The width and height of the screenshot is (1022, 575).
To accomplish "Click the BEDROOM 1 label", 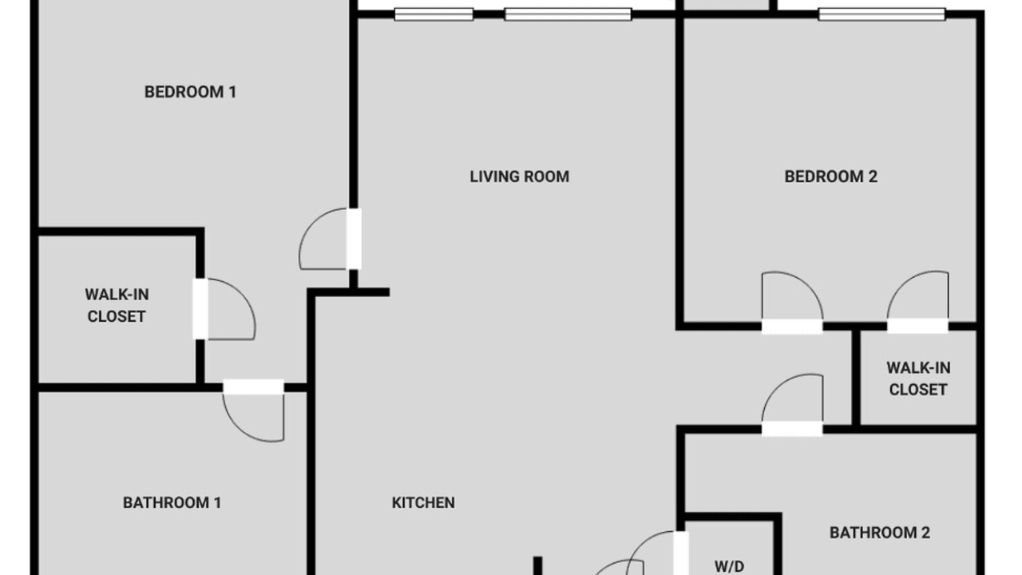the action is [x=190, y=92].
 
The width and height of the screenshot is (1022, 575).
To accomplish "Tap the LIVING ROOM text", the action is [x=520, y=176].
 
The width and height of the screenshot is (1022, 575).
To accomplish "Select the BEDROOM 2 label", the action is [x=831, y=176].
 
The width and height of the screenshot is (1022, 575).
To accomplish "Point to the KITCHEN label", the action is [x=423, y=503].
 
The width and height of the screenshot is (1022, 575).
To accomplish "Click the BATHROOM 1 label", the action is [x=172, y=503].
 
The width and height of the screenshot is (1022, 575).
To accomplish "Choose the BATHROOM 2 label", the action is [x=880, y=533].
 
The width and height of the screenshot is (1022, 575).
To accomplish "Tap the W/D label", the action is [x=730, y=567].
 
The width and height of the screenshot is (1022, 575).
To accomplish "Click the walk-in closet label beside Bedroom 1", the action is [x=117, y=306].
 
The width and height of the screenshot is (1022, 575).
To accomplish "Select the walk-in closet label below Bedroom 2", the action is [x=918, y=379].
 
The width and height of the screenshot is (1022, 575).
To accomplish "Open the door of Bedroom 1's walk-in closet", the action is [x=224, y=309].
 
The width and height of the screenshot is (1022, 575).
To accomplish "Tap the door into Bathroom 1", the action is [x=254, y=410].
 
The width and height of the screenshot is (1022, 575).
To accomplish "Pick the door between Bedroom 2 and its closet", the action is [x=918, y=302].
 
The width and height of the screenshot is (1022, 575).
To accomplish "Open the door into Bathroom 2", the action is [x=792, y=405].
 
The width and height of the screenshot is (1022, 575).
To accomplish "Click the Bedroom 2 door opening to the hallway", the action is [x=792, y=303].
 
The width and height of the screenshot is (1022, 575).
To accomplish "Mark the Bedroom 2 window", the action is [x=881, y=14].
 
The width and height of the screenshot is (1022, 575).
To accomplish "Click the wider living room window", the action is [x=568, y=14].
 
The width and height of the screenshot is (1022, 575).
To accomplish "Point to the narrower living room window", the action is [x=434, y=14].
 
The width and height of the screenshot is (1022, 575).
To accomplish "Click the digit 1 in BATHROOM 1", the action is [x=218, y=503].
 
